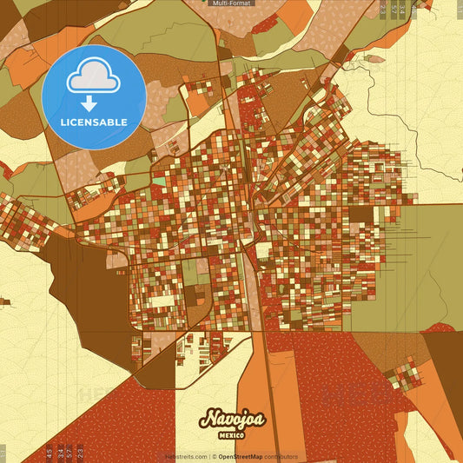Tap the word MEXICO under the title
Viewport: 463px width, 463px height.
(x=231, y=434)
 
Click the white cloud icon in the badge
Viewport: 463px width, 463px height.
(x=93, y=76)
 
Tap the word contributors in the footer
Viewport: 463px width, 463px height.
(x=281, y=456)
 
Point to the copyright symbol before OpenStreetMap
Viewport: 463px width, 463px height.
(x=214, y=456)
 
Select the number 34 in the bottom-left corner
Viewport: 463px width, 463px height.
(x=59, y=452)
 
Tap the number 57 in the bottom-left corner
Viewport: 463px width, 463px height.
(x=69, y=452)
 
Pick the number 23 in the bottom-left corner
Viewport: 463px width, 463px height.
(x=80, y=452)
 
